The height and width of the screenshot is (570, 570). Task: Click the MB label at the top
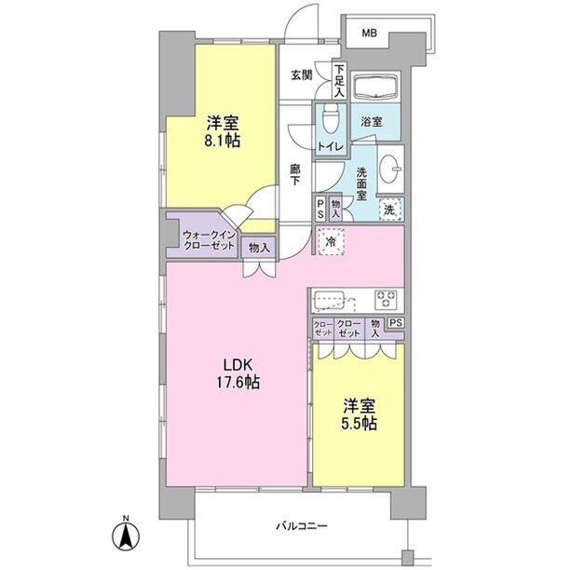pyautogui.click(x=369, y=34)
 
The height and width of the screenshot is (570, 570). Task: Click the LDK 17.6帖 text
pyautogui.click(x=238, y=373)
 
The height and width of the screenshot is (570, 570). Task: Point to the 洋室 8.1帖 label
pyautogui.click(x=223, y=131)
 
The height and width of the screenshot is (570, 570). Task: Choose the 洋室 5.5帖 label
pyautogui.click(x=360, y=414)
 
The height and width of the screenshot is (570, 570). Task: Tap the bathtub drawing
pyautogui.click(x=376, y=87)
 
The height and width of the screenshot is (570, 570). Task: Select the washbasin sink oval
pyautogui.click(x=390, y=169)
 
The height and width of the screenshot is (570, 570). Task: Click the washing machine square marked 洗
pyautogui.click(x=390, y=210)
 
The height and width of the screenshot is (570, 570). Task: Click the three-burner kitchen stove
pyautogui.click(x=387, y=299)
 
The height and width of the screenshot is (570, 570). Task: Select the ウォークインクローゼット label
pyautogui.click(x=209, y=239)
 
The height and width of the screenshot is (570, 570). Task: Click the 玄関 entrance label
pyautogui.click(x=302, y=75)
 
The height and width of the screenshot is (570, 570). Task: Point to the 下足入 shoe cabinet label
pyautogui.click(x=339, y=81)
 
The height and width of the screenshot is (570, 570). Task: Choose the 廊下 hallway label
pyautogui.click(x=295, y=174)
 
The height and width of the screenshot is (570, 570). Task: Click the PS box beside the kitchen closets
pyautogui.click(x=396, y=323)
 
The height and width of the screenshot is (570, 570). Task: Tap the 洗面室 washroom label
pyautogui.click(x=361, y=183)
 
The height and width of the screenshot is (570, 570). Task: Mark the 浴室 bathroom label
pyautogui.click(x=372, y=122)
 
